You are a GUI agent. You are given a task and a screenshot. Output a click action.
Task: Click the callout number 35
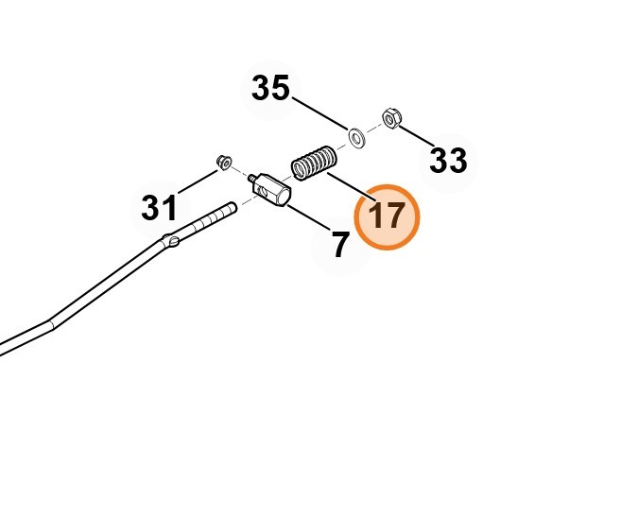[270, 89]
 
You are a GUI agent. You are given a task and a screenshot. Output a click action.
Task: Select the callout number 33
[448, 161]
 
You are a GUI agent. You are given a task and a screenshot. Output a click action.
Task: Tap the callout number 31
[159, 207]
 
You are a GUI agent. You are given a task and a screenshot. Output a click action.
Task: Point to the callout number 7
[340, 246]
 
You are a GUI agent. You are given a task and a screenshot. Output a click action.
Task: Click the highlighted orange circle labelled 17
[387, 216]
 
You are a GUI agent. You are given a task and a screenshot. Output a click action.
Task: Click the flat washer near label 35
[358, 138]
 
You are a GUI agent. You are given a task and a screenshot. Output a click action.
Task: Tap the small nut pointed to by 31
[224, 162]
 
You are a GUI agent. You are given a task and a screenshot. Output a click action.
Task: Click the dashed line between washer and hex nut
[375, 129]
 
